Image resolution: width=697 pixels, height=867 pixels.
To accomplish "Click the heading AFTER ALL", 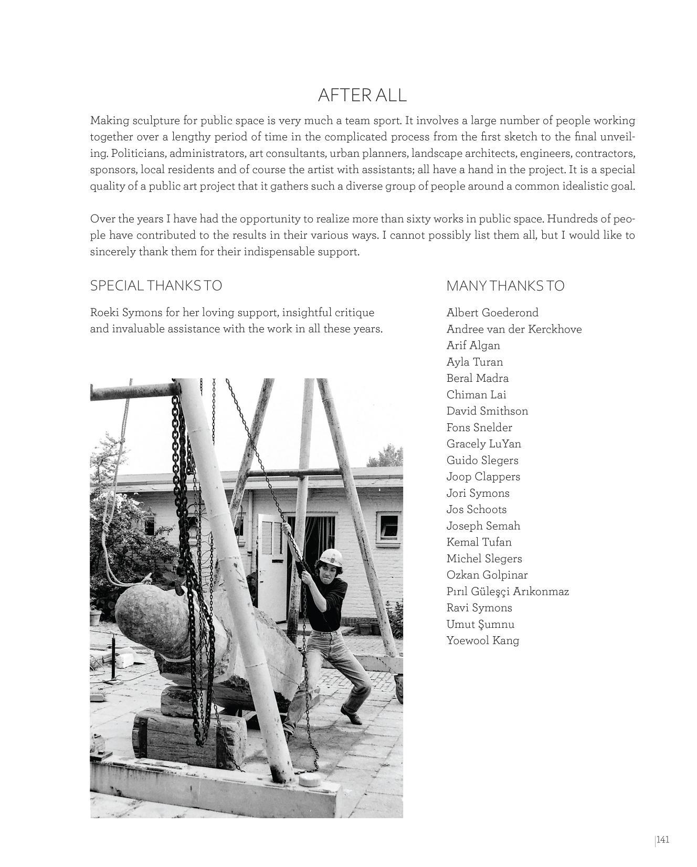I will pyautogui.click(x=362, y=95).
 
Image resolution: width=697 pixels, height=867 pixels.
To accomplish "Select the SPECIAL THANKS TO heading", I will pyautogui.click(x=156, y=285).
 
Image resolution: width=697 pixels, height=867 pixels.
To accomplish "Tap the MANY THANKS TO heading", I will pyautogui.click(x=505, y=286).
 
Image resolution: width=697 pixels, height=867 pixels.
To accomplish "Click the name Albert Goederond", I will pyautogui.click(x=492, y=313).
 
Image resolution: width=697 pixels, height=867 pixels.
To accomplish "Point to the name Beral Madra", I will pyautogui.click(x=477, y=378).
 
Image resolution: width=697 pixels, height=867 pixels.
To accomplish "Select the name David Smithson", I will pyautogui.click(x=487, y=411).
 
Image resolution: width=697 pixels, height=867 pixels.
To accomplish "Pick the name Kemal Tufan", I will pyautogui.click(x=479, y=542).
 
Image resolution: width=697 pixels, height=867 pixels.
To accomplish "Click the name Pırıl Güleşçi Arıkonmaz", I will pyautogui.click(x=508, y=591).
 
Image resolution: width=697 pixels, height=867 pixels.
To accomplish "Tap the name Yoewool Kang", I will pyautogui.click(x=482, y=640).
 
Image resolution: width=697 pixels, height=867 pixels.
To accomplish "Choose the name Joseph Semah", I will pyautogui.click(x=483, y=526).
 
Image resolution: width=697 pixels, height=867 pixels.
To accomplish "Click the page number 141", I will pyautogui.click(x=663, y=840).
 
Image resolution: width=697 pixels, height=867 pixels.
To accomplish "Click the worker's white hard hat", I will pyautogui.click(x=332, y=555).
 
